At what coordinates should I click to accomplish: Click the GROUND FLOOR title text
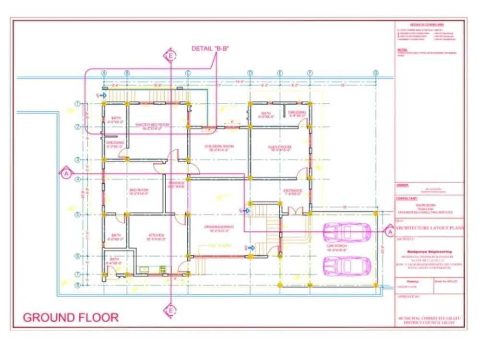tap(71, 317)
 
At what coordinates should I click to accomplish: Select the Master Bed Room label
tap(152, 126)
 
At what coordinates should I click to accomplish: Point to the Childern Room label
tap(218, 147)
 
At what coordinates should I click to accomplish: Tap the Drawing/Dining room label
tap(218, 228)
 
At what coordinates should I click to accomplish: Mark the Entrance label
tap(292, 192)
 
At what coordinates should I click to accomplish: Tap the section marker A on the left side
tap(66, 174)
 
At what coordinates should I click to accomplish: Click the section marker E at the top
tap(169, 57)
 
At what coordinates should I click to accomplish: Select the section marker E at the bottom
tap(169, 311)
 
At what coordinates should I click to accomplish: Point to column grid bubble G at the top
tap(376, 73)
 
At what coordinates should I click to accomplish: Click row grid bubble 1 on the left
tap(77, 104)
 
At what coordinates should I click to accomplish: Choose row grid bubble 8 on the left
tap(77, 285)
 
